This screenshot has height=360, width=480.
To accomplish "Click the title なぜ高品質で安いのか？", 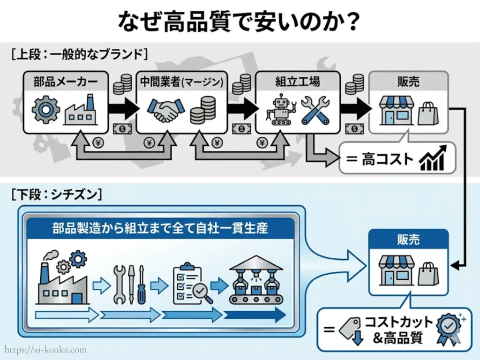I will click(x=240, y=21).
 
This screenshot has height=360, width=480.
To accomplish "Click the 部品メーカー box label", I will click(x=66, y=82).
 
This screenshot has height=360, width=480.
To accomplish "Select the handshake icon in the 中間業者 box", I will click(x=165, y=111).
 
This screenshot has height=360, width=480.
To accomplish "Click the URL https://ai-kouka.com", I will click(x=46, y=349).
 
